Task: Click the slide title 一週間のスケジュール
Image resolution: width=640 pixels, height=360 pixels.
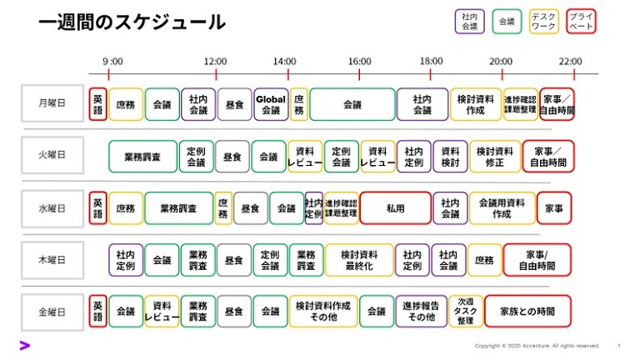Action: click(x=132, y=22)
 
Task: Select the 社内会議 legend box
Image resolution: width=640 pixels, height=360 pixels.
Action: click(x=470, y=22)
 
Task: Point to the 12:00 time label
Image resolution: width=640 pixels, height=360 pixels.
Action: click(x=215, y=61)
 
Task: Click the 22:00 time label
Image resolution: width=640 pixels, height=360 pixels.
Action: click(x=571, y=61)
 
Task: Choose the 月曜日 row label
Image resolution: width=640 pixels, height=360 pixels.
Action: click(x=53, y=104)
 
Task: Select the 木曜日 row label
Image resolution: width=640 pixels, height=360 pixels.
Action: click(x=53, y=259)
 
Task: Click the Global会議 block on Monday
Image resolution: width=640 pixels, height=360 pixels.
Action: click(x=271, y=104)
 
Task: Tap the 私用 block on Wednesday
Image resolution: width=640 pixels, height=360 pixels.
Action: click(x=394, y=208)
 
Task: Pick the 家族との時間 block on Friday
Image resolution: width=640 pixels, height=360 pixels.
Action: click(x=527, y=311)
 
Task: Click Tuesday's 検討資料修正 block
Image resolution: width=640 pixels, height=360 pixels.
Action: click(x=495, y=157)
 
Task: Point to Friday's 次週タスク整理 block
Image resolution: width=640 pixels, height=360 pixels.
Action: click(x=465, y=311)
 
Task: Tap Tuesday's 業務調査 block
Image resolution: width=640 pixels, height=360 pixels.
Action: click(x=142, y=157)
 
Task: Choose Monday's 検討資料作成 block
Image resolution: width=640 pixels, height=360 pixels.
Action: click(x=476, y=104)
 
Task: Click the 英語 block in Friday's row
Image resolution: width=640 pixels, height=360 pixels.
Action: click(x=98, y=311)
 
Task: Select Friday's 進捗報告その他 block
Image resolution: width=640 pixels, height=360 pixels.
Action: click(x=421, y=311)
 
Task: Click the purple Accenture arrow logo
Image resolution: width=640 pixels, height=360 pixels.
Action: click(x=25, y=345)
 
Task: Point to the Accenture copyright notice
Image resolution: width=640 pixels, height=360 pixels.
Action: click(x=537, y=345)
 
